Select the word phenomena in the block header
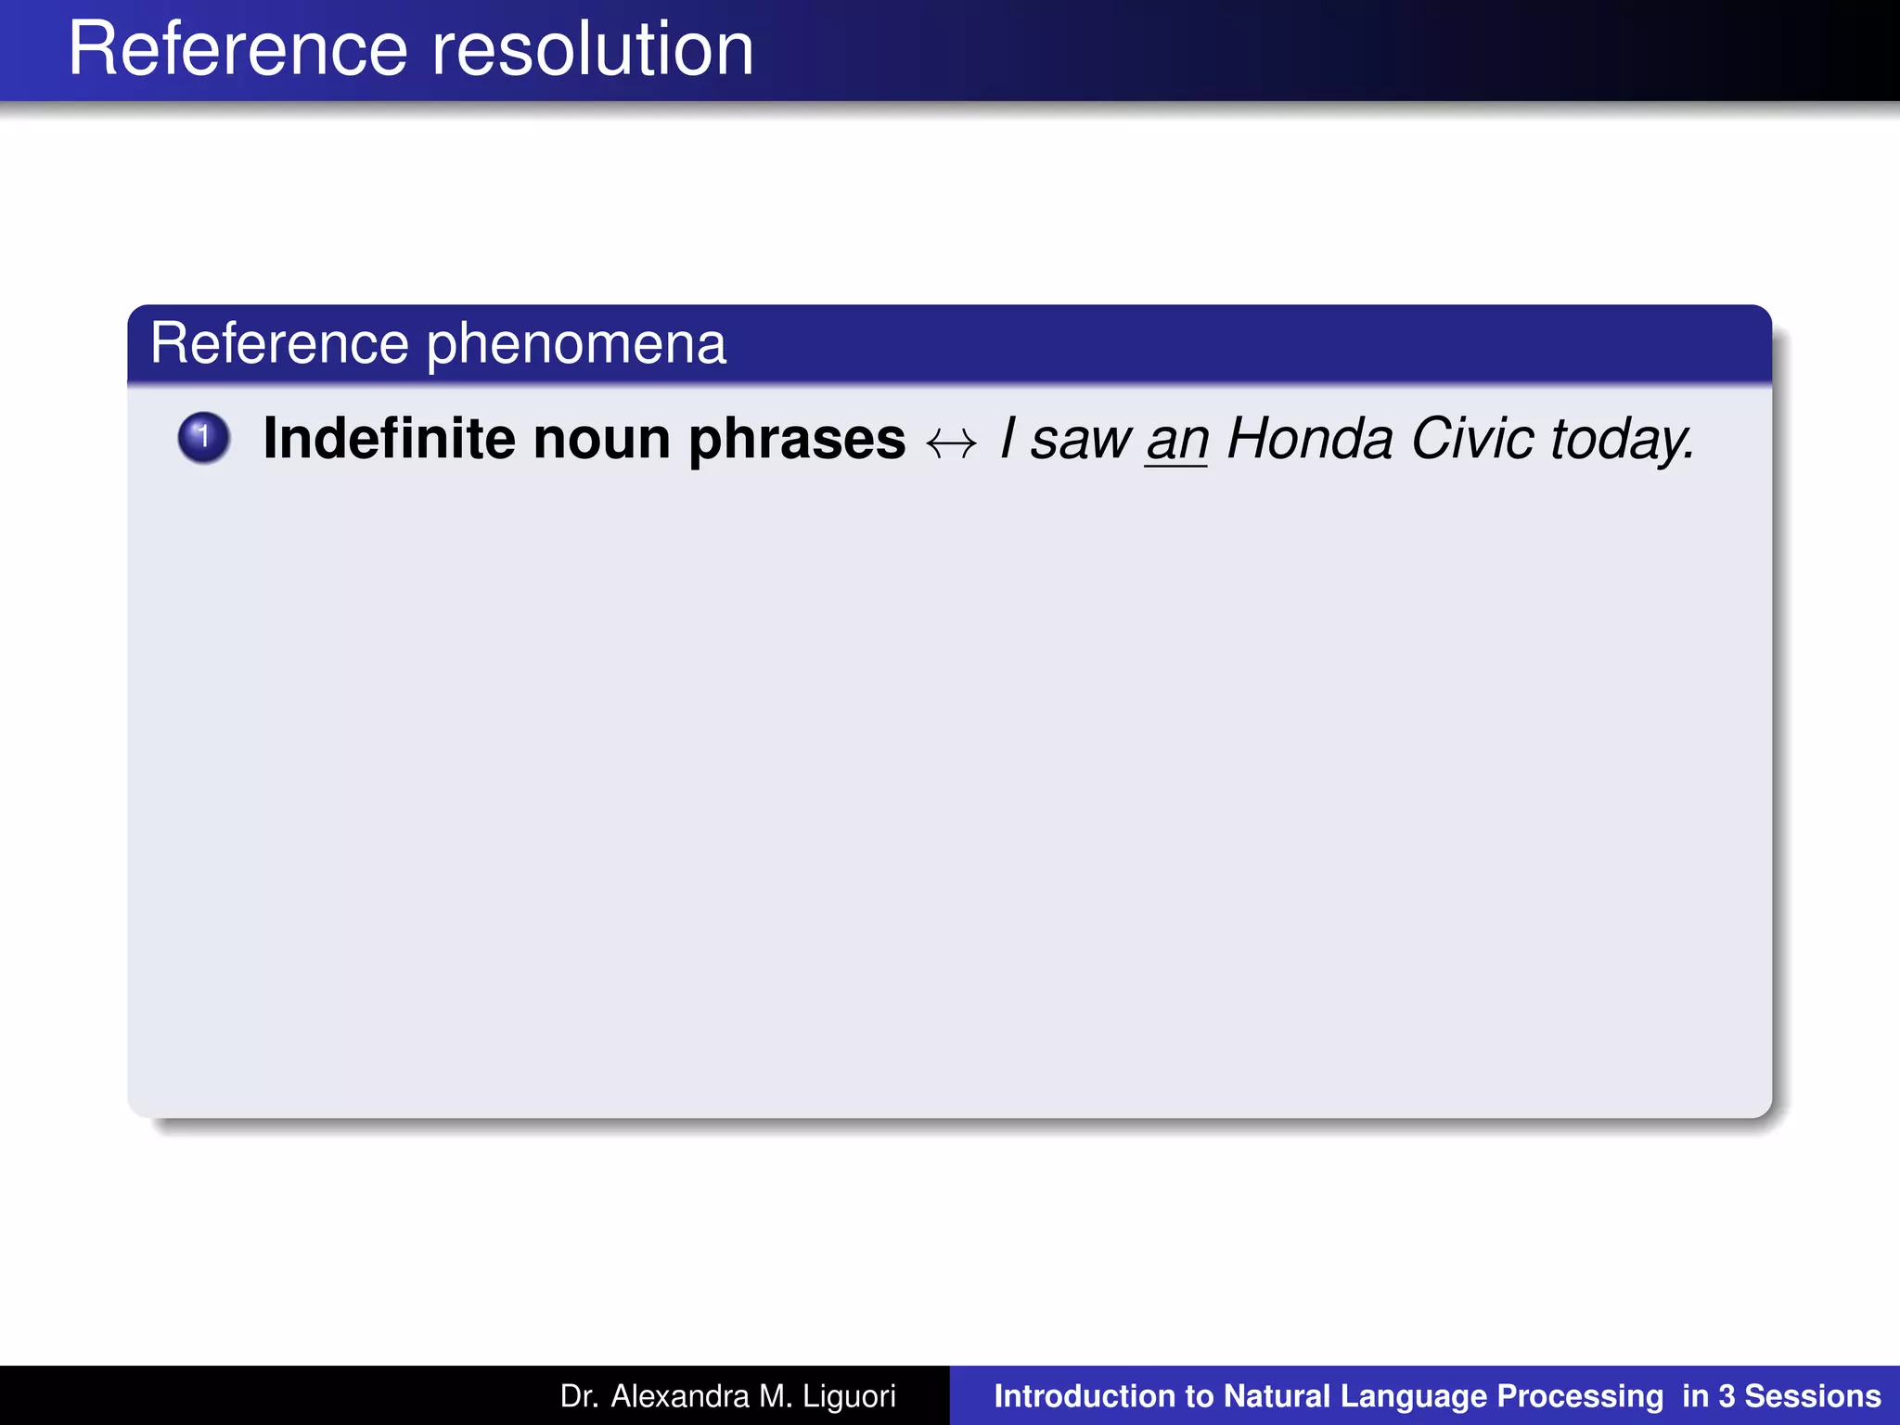(576, 344)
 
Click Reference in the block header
(279, 344)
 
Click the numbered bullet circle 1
(203, 438)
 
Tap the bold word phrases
(797, 441)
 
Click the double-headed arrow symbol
(952, 443)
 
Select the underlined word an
(1176, 441)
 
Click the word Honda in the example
(1310, 439)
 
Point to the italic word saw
(1081, 441)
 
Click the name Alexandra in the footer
(679, 1396)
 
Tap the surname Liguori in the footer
(849, 1396)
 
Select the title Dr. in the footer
(580, 1396)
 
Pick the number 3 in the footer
(1727, 1396)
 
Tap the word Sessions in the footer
(1813, 1396)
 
